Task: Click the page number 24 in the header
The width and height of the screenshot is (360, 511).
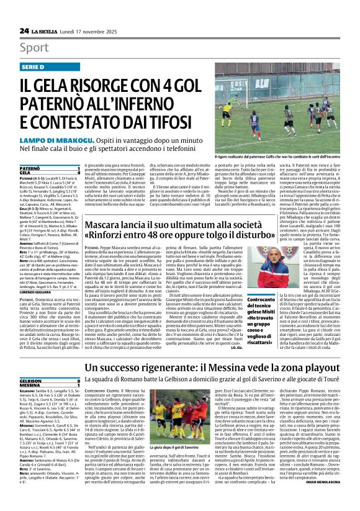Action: pyautogui.click(x=24, y=30)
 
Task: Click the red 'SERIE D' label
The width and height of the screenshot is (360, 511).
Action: pyautogui.click(x=35, y=66)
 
